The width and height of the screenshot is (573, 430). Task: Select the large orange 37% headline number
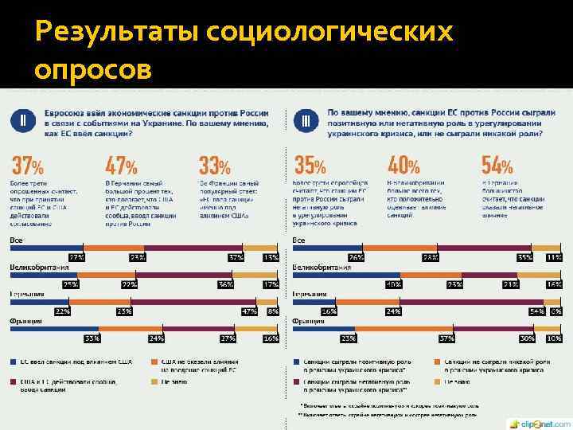click(x=27, y=166)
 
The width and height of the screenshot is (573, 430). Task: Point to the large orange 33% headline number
click(x=214, y=166)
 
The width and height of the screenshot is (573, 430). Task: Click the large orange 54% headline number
click(x=497, y=166)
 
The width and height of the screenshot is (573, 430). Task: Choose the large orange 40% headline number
click(x=403, y=166)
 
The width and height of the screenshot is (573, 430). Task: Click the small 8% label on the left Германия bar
click(x=273, y=311)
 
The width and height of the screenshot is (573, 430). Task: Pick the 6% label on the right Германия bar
click(x=555, y=311)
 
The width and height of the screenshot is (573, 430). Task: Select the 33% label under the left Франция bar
click(x=92, y=338)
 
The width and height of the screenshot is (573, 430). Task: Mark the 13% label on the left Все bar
click(x=271, y=258)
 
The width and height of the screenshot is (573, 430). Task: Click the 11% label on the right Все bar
click(x=554, y=258)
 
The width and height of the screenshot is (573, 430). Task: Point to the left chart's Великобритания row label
click(x=39, y=267)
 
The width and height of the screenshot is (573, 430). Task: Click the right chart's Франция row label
click(x=308, y=321)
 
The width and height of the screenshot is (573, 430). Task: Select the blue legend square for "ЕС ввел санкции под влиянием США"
click(x=14, y=361)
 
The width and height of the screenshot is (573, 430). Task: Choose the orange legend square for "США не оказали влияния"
click(x=156, y=361)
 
